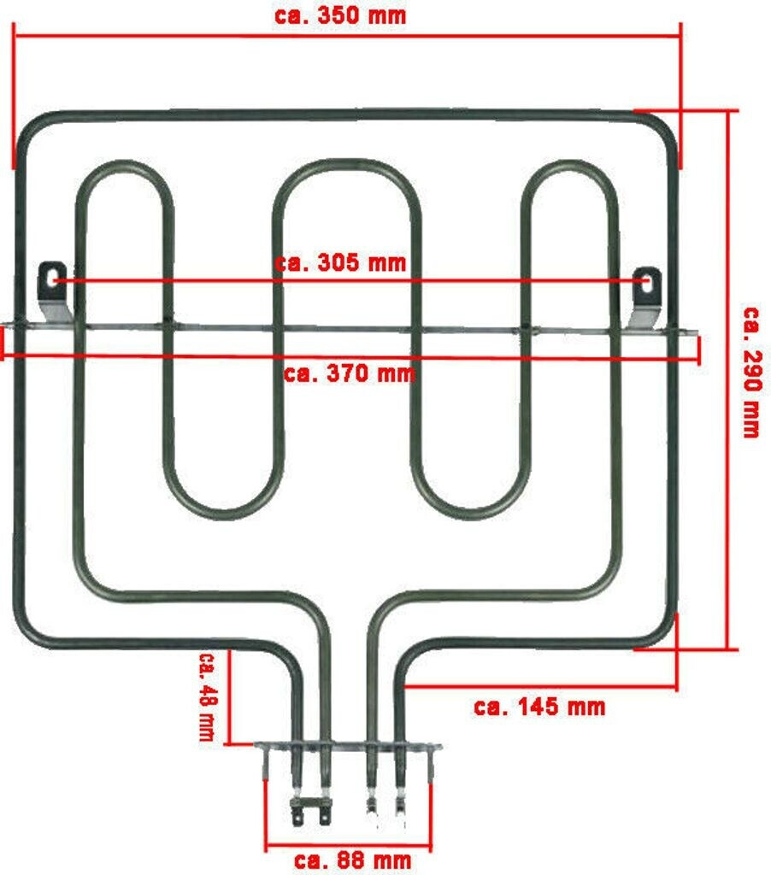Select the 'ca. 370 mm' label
[350, 373]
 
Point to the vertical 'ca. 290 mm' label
[750, 372]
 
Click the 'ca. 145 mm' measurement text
[539, 707]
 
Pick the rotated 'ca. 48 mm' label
[206, 696]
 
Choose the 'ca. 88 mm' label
[352, 859]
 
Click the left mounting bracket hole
[53, 279]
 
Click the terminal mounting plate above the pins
[349, 747]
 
